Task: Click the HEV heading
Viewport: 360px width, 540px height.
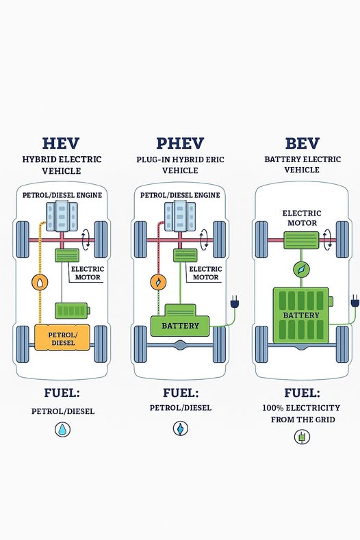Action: [x=61, y=144]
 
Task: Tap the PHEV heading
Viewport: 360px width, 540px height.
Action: [x=180, y=144]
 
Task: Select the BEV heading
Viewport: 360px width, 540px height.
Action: [x=302, y=144]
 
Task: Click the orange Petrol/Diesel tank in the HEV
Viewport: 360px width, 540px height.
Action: [x=62, y=338]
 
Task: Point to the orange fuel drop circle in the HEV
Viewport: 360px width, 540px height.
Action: [x=40, y=282]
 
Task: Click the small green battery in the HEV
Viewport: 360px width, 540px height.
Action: [x=73, y=311]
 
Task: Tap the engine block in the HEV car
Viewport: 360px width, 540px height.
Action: [x=62, y=217]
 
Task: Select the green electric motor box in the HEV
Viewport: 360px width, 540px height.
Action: [x=67, y=255]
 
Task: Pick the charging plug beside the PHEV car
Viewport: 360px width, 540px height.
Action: [x=235, y=302]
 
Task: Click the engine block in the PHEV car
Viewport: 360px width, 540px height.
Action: [x=180, y=217]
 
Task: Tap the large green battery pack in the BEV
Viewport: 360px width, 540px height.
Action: [x=302, y=316]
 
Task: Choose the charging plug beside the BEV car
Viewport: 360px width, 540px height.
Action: [x=355, y=301]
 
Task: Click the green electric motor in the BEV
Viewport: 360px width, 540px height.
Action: [x=301, y=240]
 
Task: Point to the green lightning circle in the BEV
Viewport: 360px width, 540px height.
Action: [x=301, y=269]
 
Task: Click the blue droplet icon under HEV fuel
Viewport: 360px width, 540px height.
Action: [x=63, y=429]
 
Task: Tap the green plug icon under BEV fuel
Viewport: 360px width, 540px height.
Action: [x=302, y=437]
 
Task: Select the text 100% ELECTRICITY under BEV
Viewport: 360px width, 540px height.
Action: [x=301, y=408]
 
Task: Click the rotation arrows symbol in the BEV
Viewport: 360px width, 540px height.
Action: [x=327, y=240]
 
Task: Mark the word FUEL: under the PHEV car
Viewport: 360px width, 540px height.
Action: [x=181, y=393]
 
